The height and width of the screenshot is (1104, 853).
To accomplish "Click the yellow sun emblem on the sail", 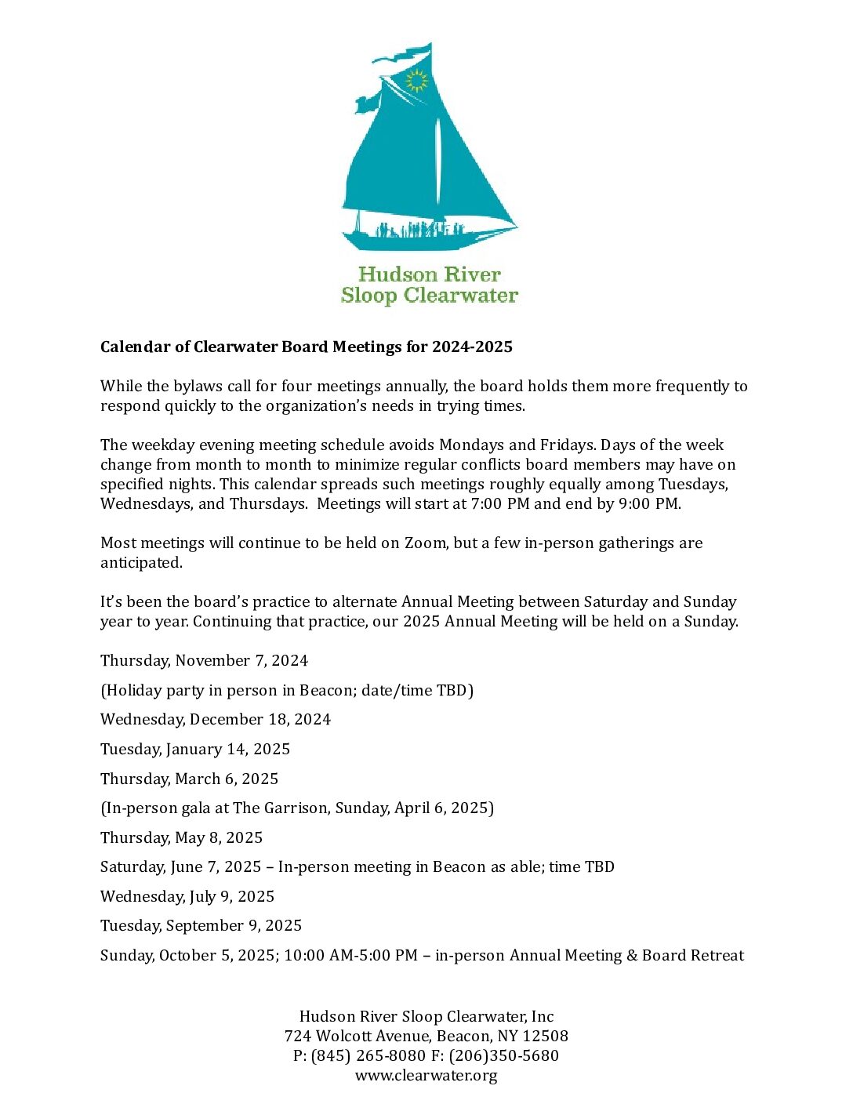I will pos(416,80).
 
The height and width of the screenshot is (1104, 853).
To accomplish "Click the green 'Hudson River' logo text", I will pos(429,274).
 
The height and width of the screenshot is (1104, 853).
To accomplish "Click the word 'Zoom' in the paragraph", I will pos(424,543).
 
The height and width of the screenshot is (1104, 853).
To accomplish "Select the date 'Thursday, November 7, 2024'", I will pos(204,660).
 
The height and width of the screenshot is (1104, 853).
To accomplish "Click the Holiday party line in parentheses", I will pos(287,690).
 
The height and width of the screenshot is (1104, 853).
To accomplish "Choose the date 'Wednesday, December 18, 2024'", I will pos(216,719).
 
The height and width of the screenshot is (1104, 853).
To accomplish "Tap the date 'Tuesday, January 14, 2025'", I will pos(195,749).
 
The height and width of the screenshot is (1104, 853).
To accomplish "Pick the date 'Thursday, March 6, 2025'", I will pos(189,779).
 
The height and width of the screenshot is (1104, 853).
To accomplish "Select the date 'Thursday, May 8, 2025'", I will pos(181,837).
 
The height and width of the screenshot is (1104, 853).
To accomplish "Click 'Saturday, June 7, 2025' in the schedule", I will pos(180,866).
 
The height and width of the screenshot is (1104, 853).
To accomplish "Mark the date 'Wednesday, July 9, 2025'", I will pos(187,896).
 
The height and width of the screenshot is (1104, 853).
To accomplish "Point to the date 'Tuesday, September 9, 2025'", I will pos(201,925).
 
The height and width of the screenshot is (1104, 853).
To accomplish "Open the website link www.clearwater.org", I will pos(426,1075).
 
